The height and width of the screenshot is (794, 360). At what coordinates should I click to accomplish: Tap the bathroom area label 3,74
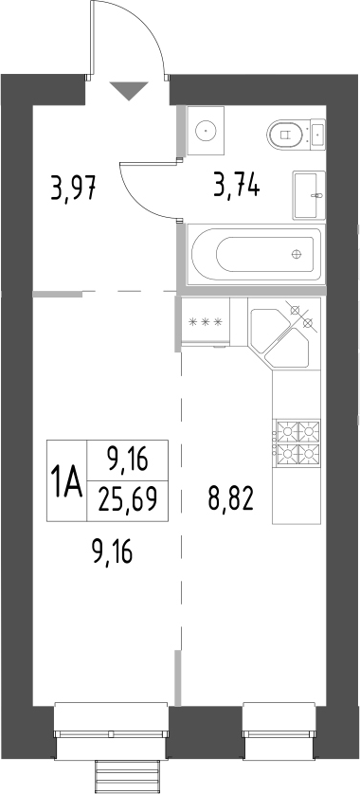tap(237, 185)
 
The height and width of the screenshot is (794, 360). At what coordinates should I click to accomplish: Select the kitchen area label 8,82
tap(230, 499)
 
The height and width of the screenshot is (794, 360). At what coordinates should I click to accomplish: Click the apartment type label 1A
tap(67, 482)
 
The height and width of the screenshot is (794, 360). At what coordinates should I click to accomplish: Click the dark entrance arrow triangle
tap(129, 91)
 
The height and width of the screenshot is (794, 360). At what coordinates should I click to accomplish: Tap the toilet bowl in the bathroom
tap(284, 134)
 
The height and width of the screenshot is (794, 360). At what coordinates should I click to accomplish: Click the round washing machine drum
tap(207, 130)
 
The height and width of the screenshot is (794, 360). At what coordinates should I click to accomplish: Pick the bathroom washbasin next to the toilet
tap(309, 195)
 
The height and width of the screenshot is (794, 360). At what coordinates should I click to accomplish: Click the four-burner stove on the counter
tap(297, 442)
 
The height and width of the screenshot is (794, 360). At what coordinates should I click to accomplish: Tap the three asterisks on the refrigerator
tap(205, 321)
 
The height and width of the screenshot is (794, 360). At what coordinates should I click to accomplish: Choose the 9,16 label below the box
tap(112, 551)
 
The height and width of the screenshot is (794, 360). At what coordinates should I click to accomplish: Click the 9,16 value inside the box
tap(127, 460)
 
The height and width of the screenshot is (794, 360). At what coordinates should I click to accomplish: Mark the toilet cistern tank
tap(316, 134)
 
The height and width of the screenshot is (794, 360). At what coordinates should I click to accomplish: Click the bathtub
tap(254, 254)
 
